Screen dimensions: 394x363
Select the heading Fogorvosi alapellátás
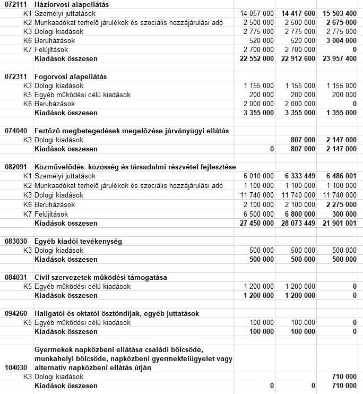[70, 76]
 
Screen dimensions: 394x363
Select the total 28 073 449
[296, 223]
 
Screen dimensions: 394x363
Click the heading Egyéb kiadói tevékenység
[77, 241]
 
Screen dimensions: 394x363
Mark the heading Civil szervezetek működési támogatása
[100, 277]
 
